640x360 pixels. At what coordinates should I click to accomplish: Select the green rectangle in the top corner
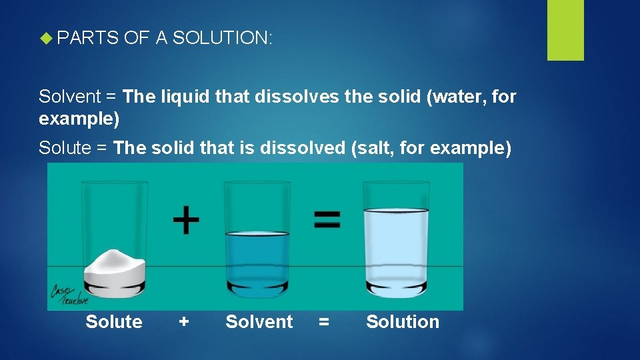coord(565,30)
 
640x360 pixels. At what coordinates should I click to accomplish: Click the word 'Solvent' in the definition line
coord(69,97)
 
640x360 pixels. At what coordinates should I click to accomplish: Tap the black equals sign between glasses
coord(327,219)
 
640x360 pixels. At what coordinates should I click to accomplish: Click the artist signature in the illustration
coord(65,293)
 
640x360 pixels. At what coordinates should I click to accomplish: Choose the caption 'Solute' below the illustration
coord(114,322)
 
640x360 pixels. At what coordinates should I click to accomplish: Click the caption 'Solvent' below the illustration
coord(259,322)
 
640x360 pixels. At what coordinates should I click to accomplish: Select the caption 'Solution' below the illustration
coord(403,322)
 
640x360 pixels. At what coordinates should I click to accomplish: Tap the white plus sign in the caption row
coord(184,322)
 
